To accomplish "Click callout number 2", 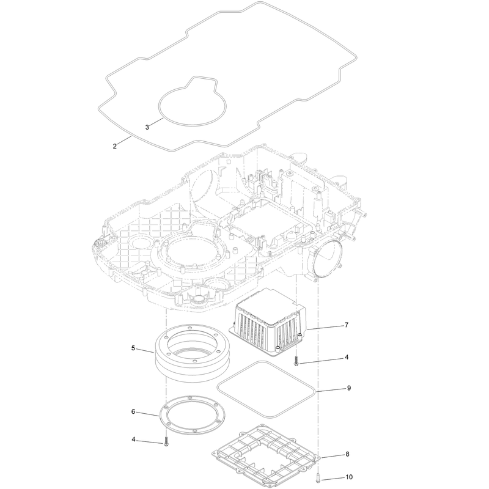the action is pos(115,146).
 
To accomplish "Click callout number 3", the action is pos(147,127).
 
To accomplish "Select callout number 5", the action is pos(133,348).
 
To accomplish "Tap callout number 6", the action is pos(133,411).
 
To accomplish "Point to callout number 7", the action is pos(347,325).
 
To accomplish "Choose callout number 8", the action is pos(347,454).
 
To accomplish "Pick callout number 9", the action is pos(348,388).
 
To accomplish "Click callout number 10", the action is pos(349,477).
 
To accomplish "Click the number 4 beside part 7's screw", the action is pos(347,357).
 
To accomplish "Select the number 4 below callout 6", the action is pos(133,439).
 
